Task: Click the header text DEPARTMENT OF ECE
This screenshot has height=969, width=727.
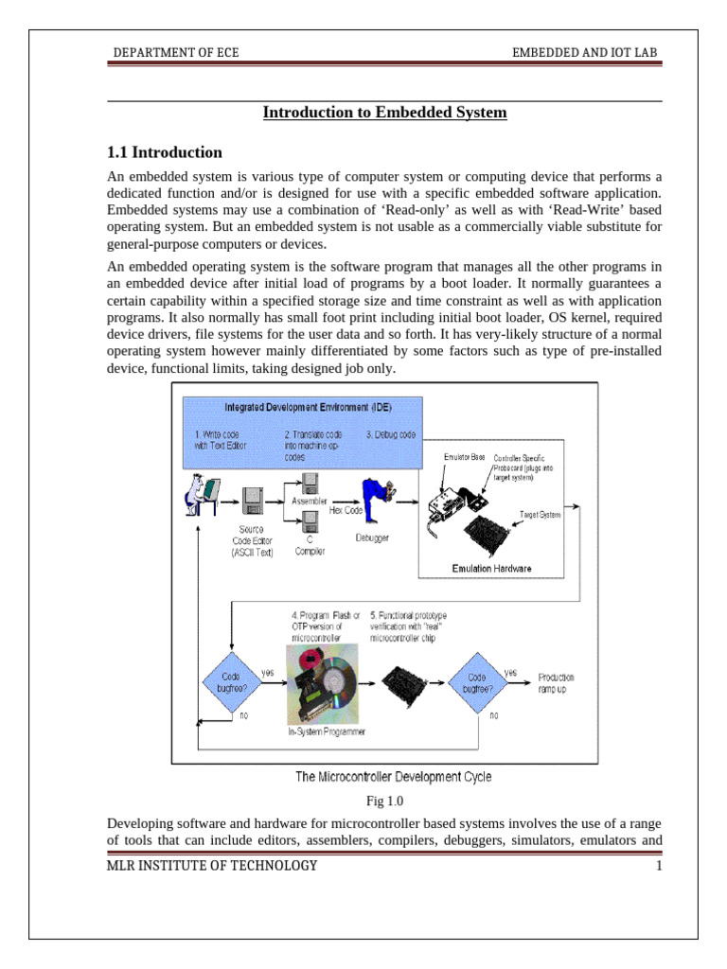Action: [176, 53]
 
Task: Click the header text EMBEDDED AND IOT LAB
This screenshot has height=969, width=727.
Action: [585, 53]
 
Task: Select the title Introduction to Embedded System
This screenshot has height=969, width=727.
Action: [384, 113]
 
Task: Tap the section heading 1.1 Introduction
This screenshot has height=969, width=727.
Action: [165, 152]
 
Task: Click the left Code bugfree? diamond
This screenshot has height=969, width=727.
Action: [225, 683]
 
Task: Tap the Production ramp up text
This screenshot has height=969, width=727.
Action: [556, 683]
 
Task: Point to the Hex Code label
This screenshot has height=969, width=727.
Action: [347, 509]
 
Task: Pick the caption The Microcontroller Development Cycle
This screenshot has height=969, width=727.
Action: [393, 777]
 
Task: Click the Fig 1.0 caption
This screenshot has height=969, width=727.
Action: [384, 801]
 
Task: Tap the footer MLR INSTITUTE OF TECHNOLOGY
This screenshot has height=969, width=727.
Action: [213, 866]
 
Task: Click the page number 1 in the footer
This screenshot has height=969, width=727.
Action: [656, 866]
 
